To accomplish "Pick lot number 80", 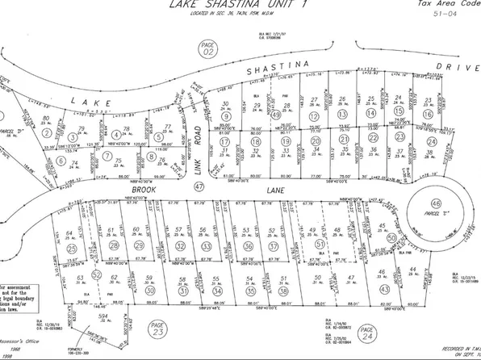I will pos(47,119).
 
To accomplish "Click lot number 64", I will pos(70,233).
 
